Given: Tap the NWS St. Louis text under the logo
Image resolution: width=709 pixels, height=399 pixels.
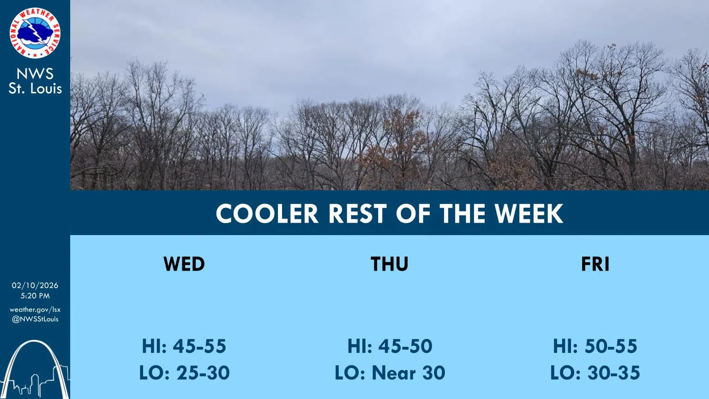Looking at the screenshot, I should pyautogui.click(x=35, y=81).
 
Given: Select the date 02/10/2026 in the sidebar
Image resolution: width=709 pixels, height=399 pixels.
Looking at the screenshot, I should pyautogui.click(x=35, y=285).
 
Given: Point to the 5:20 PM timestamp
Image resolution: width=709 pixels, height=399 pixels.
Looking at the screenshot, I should pyautogui.click(x=35, y=296).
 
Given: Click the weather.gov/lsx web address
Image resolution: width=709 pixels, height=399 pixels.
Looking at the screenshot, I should pyautogui.click(x=35, y=309).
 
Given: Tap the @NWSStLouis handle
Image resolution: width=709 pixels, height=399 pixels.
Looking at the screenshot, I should pyautogui.click(x=35, y=319).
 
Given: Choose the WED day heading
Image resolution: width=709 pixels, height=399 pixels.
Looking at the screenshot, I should pyautogui.click(x=184, y=264).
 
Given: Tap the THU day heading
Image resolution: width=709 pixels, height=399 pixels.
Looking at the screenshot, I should pyautogui.click(x=389, y=264).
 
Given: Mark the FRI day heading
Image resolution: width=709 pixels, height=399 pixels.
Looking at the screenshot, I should pyautogui.click(x=595, y=264).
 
